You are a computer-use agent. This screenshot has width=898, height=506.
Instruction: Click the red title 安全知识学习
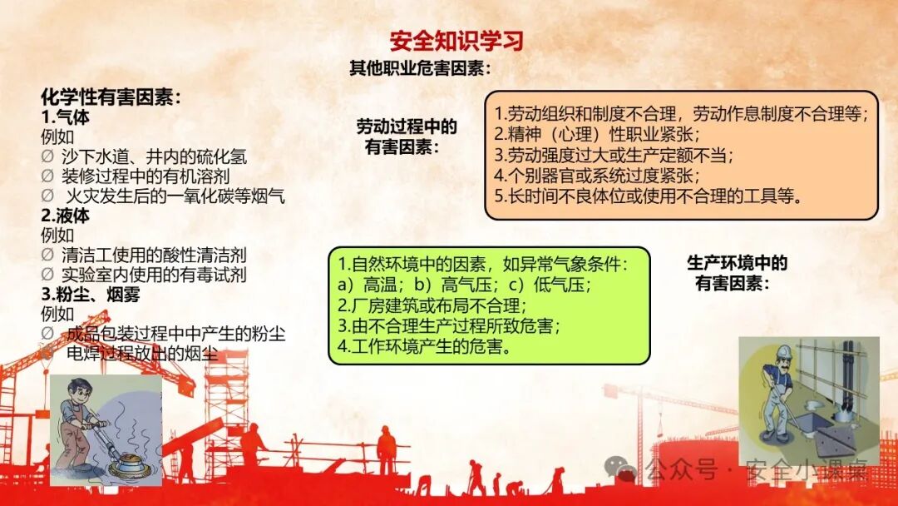point(456,41)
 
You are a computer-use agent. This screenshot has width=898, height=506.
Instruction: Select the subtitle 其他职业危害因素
point(420,68)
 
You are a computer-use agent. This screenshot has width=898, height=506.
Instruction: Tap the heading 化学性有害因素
point(111,97)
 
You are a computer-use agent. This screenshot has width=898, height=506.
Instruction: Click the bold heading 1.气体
point(66,117)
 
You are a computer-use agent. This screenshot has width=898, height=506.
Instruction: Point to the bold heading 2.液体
point(66,216)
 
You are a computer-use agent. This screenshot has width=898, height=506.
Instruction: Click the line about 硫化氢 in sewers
point(154,156)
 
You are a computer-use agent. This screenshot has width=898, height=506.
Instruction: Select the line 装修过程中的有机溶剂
point(145,176)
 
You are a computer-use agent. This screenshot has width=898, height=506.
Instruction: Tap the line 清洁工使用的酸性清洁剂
point(154,255)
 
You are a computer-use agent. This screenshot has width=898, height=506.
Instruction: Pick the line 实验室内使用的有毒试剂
point(154,274)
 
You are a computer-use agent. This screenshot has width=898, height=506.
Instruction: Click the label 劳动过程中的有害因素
point(407,136)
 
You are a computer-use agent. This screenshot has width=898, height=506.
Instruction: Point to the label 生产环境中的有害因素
point(737,273)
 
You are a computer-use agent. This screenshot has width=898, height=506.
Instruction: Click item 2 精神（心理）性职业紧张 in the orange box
point(597,133)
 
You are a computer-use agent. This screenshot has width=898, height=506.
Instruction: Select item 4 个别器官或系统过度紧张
point(597,175)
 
